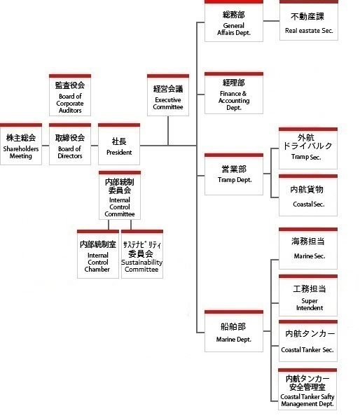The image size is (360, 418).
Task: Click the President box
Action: pyautogui.click(x=119, y=144)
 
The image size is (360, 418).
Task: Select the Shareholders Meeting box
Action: pyautogui.click(x=21, y=144)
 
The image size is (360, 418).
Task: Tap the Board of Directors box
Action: pyautogui.click(x=70, y=144)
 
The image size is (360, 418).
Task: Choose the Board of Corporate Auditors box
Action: pyautogui.click(x=70, y=95)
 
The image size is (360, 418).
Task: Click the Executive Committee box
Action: pyautogui.click(x=168, y=95)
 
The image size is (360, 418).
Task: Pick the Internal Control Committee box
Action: pyautogui.click(x=120, y=195)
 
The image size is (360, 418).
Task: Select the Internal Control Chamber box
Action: pyautogui.click(x=98, y=254)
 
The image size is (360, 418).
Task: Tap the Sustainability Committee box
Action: pyautogui.click(x=142, y=254)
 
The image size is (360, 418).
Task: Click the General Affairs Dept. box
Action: pyautogui.click(x=234, y=21)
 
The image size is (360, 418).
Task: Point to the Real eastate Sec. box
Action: pyautogui.click(x=309, y=20)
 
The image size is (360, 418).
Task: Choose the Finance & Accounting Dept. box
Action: pyautogui.click(x=234, y=93)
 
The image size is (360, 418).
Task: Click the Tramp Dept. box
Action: pyautogui.click(x=234, y=174)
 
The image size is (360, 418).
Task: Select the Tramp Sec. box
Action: pyautogui.click(x=308, y=148)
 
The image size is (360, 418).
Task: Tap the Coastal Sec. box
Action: pyautogui.click(x=308, y=195)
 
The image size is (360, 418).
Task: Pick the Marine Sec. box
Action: pyautogui.click(x=308, y=249)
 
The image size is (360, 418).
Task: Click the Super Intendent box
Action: pyautogui.click(x=308, y=295)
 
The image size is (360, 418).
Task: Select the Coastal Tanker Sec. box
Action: pyautogui.click(x=308, y=341)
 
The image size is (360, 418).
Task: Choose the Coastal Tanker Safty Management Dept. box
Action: pyautogui.click(x=307, y=389)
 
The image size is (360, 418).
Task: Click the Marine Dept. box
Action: pyautogui.click(x=234, y=330)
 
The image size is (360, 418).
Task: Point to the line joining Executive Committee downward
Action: pyautogui.click(x=168, y=131)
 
